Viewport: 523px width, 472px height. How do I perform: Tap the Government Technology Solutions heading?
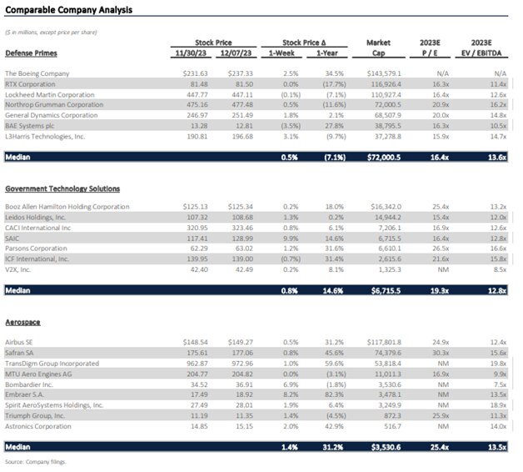click(62, 189)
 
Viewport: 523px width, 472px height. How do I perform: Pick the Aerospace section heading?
click(22, 321)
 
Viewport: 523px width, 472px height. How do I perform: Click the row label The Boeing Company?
click(38, 74)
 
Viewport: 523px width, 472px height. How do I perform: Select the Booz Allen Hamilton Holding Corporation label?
click(67, 207)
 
